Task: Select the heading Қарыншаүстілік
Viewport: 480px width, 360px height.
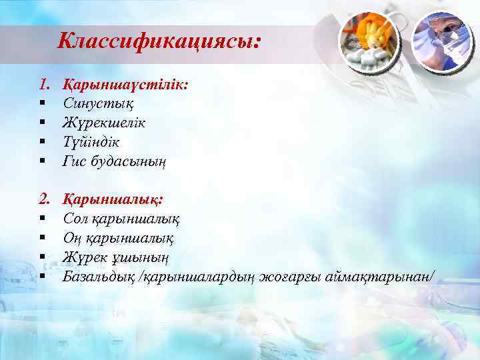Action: pyautogui.click(x=125, y=85)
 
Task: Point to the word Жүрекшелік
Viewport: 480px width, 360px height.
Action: pyautogui.click(x=104, y=123)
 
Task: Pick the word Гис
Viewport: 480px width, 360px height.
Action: pyautogui.click(x=75, y=161)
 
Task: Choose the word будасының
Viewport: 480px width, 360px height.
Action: pyautogui.click(x=129, y=161)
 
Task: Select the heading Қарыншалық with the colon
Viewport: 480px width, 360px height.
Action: pyautogui.click(x=113, y=199)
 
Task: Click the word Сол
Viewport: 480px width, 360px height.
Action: pyautogui.click(x=75, y=217)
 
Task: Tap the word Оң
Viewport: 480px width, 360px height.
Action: pyautogui.click(x=72, y=237)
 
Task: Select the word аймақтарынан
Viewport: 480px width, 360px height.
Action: pyautogui.click(x=379, y=275)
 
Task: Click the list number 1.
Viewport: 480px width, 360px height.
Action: pyautogui.click(x=43, y=85)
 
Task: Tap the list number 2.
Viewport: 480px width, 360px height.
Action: pyautogui.click(x=43, y=199)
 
